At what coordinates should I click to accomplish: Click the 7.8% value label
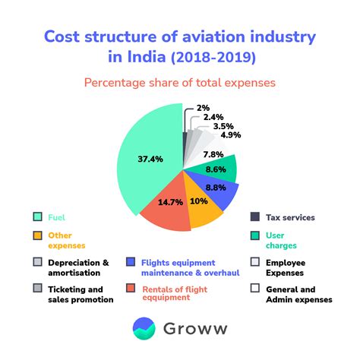pos(213,155)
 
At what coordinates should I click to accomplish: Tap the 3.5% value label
pos(223,126)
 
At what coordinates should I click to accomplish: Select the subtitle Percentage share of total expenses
pos(179,82)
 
